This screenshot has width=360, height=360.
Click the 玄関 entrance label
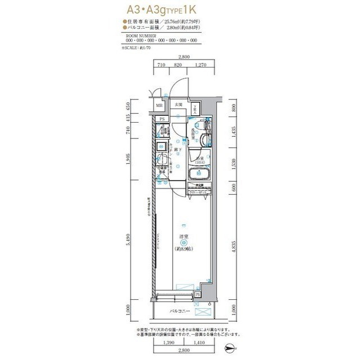(178, 105)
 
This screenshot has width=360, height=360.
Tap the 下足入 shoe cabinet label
(195, 108)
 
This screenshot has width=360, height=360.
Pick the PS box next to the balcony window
(197, 294)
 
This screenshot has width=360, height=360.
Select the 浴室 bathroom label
(200, 159)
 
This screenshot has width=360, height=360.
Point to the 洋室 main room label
(183, 236)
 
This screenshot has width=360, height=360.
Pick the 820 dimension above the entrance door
(178, 65)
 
